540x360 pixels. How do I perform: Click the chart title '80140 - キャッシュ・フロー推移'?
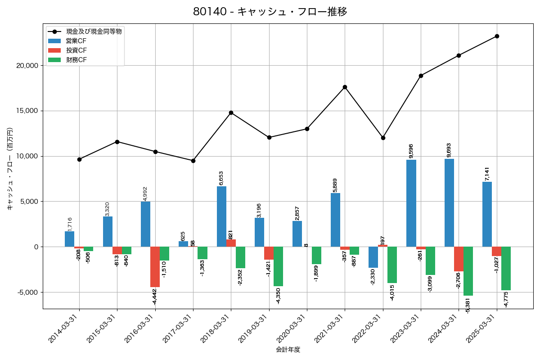point(270,12)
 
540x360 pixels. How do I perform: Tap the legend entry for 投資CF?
point(76,50)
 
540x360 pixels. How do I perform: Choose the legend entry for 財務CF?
point(76,60)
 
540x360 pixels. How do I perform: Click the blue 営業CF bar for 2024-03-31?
point(449,202)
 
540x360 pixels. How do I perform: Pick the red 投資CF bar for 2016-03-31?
point(155,266)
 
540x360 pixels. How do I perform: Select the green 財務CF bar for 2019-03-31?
point(278,266)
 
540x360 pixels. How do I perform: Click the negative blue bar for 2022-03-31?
point(373,257)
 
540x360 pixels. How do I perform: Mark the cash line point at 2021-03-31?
point(345,87)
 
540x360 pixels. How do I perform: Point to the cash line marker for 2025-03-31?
point(497,36)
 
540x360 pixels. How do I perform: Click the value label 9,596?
point(411,151)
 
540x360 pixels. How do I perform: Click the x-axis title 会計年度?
point(288,350)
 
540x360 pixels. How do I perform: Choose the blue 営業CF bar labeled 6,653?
point(221,216)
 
